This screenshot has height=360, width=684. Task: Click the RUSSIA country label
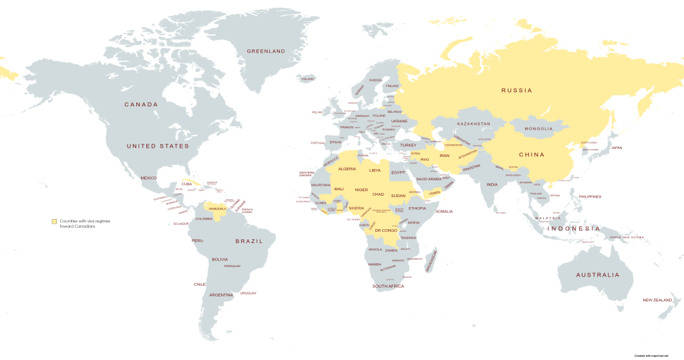pyautogui.click(x=516, y=90)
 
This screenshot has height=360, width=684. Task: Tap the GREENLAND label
pyautogui.click(x=266, y=51)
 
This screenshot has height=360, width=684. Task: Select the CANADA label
pyautogui.click(x=141, y=104)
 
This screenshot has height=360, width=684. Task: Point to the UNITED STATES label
pyautogui.click(x=158, y=146)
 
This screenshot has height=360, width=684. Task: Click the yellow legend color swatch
pyautogui.click(x=54, y=221)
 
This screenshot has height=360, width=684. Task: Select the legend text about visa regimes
pyautogui.click(x=81, y=224)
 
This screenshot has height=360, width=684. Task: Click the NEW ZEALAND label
pyautogui.click(x=657, y=301)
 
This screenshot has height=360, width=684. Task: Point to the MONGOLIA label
pyautogui.click(x=538, y=128)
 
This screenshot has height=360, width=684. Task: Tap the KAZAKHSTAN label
pyautogui.click(x=474, y=124)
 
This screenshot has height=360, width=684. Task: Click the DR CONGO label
pyautogui.click(x=386, y=230)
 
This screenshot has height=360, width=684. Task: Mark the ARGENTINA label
pyautogui.click(x=221, y=295)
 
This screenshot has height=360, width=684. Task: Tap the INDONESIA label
pyautogui.click(x=574, y=229)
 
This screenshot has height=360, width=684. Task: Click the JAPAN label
pyautogui.click(x=616, y=148)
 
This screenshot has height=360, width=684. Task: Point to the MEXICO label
pyautogui.click(x=148, y=178)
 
